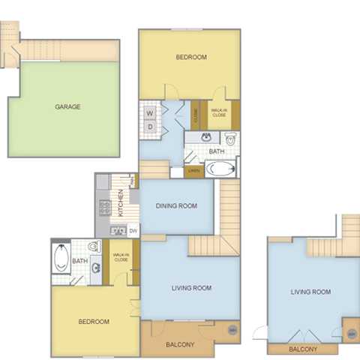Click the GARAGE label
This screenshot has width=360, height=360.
[67, 106]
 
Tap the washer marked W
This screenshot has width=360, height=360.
[150, 113]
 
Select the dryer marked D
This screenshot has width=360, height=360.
[150, 127]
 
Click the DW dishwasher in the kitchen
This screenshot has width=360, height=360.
[133, 231]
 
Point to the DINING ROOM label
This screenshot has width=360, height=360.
[175, 206]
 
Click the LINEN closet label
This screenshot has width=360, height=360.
[193, 171]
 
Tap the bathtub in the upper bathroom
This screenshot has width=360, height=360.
[220, 168]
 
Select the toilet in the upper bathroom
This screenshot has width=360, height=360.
[230, 139]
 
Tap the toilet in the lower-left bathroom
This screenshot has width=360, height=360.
[92, 247]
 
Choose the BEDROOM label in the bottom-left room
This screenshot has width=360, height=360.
[94, 321]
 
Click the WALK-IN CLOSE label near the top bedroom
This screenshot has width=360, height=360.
[220, 112]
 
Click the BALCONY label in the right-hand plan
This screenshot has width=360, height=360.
[302, 349]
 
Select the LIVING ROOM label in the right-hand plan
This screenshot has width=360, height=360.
[310, 292]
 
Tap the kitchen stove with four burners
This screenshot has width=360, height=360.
[102, 205]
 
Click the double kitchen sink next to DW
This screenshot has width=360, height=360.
[118, 231]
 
